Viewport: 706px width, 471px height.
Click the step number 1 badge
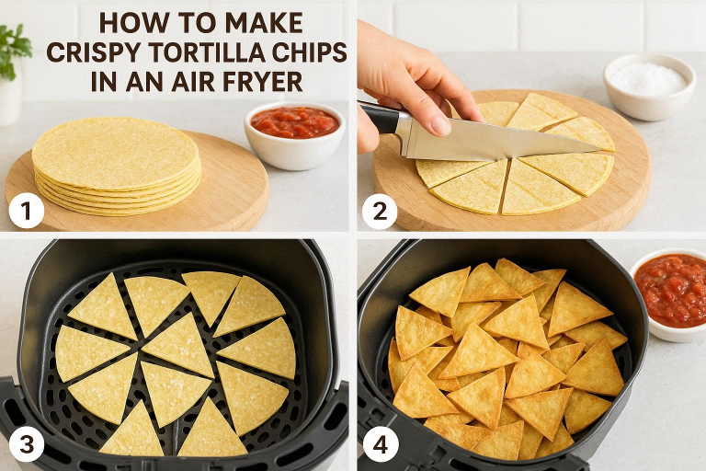pyautogui.click(x=27, y=211)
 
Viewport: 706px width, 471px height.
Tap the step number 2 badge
pyautogui.click(x=380, y=211)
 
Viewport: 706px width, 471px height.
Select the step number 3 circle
pyautogui.click(x=27, y=444)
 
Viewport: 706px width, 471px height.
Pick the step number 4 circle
pyautogui.click(x=381, y=444)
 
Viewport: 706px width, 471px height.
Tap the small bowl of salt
pyautogui.click(x=649, y=86)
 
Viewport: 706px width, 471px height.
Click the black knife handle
pyautogui.click(x=381, y=117)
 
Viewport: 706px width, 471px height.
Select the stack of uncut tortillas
pyautogui.click(x=116, y=166)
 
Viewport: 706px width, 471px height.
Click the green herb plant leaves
pyautogui.click(x=14, y=50)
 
